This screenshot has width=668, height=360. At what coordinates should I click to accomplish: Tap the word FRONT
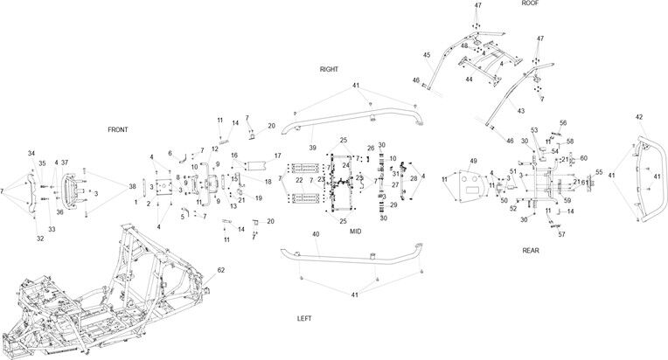coord(118,129)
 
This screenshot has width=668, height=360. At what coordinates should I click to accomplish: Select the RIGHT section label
coord(329,68)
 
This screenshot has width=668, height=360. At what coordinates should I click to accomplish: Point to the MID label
coord(355,232)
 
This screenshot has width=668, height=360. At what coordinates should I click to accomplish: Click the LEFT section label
coord(304,319)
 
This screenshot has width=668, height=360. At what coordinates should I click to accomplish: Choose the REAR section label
coord(531,251)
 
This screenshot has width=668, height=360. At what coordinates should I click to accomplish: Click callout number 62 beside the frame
coord(221,270)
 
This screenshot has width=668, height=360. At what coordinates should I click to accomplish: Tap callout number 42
coord(639,117)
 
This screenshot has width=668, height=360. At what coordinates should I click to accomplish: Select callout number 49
coord(473,162)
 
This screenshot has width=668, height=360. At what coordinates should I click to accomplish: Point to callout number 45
coord(427,55)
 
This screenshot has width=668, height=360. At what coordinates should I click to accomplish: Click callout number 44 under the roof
coord(470,80)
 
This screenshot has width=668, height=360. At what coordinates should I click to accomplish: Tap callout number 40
coord(315,235)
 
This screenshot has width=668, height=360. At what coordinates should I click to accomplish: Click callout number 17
coord(277,156)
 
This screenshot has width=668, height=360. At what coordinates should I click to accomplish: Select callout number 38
coord(133,186)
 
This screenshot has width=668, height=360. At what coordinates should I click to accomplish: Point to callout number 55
coord(599,173)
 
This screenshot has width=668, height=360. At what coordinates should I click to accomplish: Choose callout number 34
coord(31,154)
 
